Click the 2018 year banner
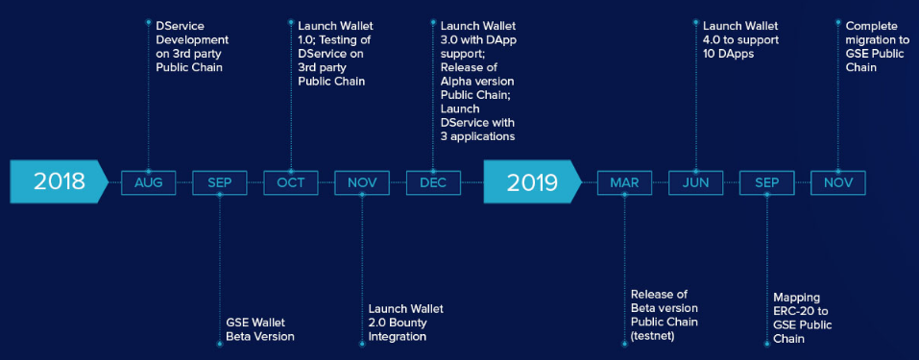(x=59, y=182)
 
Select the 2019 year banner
(x=532, y=182)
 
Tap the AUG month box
(x=148, y=183)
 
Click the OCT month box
(x=291, y=183)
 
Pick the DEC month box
(x=433, y=183)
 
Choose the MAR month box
(x=624, y=183)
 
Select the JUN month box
(x=695, y=183)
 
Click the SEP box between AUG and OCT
(x=220, y=183)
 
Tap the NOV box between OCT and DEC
(x=362, y=183)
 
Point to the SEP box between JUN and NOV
(x=766, y=183)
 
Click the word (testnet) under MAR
(x=653, y=337)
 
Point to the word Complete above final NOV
(x=872, y=26)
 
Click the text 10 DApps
(x=729, y=54)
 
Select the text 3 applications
(x=477, y=137)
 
